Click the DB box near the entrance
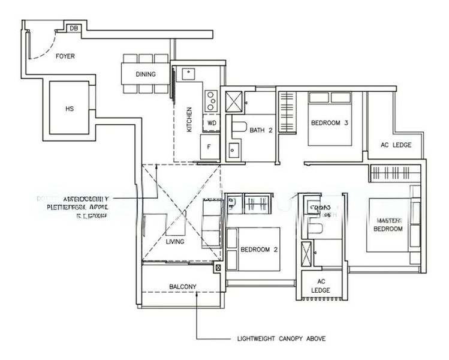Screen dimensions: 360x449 tap(74, 28)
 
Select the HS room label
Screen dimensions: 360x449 tap(70, 109)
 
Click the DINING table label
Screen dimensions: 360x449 tap(145, 74)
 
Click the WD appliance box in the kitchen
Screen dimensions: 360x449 tap(211, 122)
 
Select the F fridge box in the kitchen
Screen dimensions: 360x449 tap(209, 145)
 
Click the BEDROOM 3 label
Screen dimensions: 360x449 tap(329, 123)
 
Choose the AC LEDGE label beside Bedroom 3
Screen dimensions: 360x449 tap(396, 145)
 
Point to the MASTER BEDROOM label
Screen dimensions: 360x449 tap(388, 224)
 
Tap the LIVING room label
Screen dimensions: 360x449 tap(175, 241)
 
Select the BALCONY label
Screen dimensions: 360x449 tap(182, 286)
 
